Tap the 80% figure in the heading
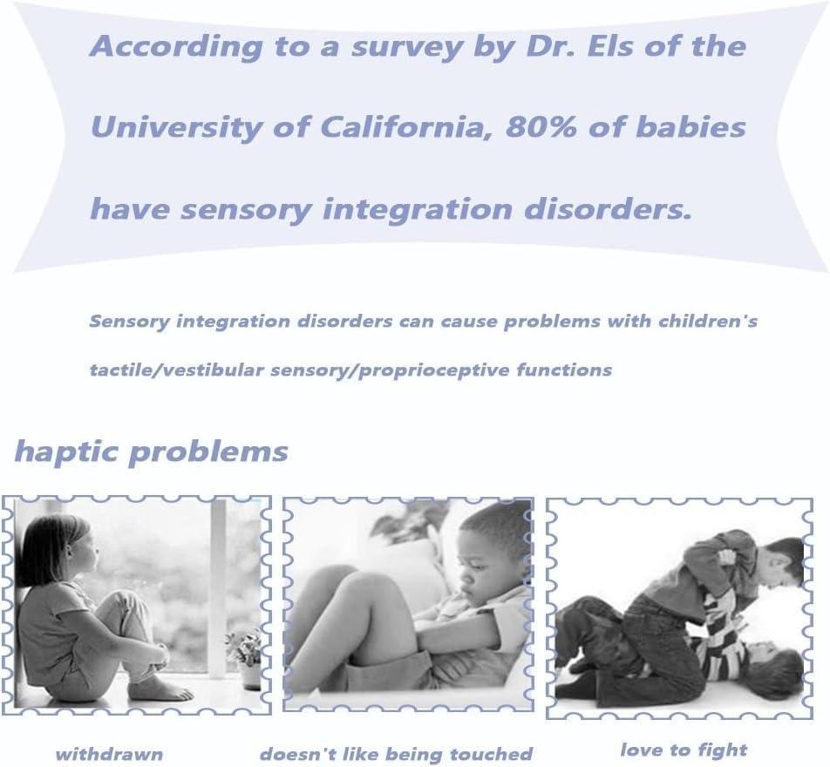coord(541,127)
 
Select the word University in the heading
coord(176,128)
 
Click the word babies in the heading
coord(691,126)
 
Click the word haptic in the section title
coord(66,452)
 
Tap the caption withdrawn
coord(109,754)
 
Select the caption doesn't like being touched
coord(396,754)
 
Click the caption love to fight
coord(684,750)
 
